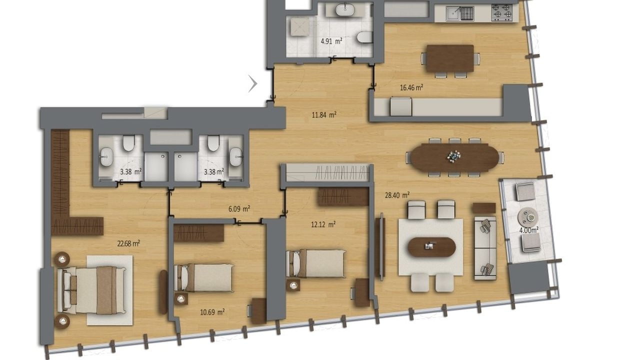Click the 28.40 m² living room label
[x=397, y=195]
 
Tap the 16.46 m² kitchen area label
[x=411, y=87]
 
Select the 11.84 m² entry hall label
[x=324, y=115]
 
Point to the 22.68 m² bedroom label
[x=128, y=243]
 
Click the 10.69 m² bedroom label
[x=212, y=311]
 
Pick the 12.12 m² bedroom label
[x=323, y=224]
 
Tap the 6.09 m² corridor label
[x=239, y=209]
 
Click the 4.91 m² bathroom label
[x=331, y=41]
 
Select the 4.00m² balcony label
[x=529, y=230]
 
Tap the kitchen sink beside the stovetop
[x=460, y=13]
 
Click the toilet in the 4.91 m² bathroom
[x=365, y=37]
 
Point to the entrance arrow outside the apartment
[x=252, y=83]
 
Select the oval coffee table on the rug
[x=431, y=247]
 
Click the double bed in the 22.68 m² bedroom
[x=91, y=290]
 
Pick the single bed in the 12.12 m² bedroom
[x=316, y=263]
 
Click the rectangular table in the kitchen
[x=450, y=58]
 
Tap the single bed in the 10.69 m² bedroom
[x=204, y=277]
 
